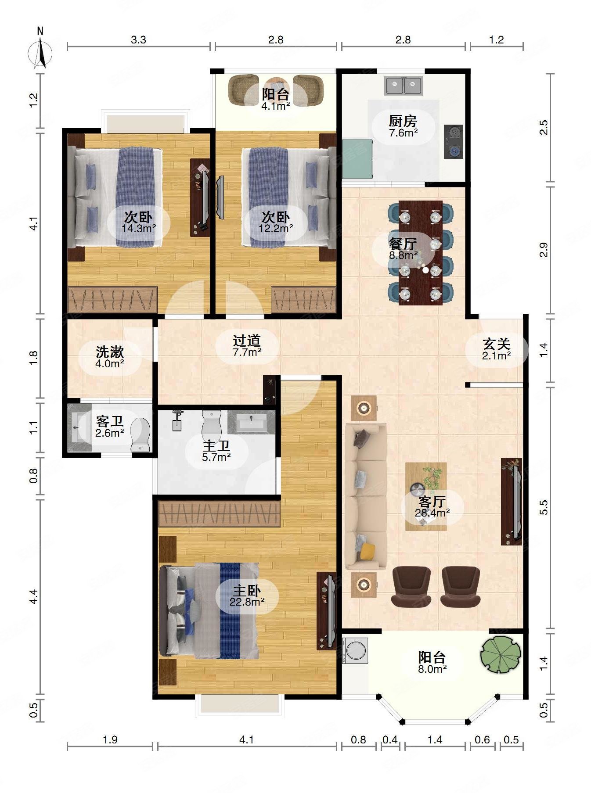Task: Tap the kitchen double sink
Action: tap(403, 86)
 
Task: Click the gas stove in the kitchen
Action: tap(453, 142)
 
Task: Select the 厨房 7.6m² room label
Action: tap(403, 126)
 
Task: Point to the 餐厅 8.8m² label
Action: tap(403, 249)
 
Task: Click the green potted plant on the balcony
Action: tap(501, 654)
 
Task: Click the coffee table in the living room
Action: tap(426, 496)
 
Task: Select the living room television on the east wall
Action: tap(512, 502)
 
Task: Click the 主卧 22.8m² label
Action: tap(247, 596)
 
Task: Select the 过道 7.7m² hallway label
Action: tap(247, 345)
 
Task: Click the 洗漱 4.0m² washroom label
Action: tap(110, 357)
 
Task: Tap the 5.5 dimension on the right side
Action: tap(544, 508)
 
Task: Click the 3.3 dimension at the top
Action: tap(138, 40)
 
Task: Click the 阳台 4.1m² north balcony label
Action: tap(276, 100)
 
